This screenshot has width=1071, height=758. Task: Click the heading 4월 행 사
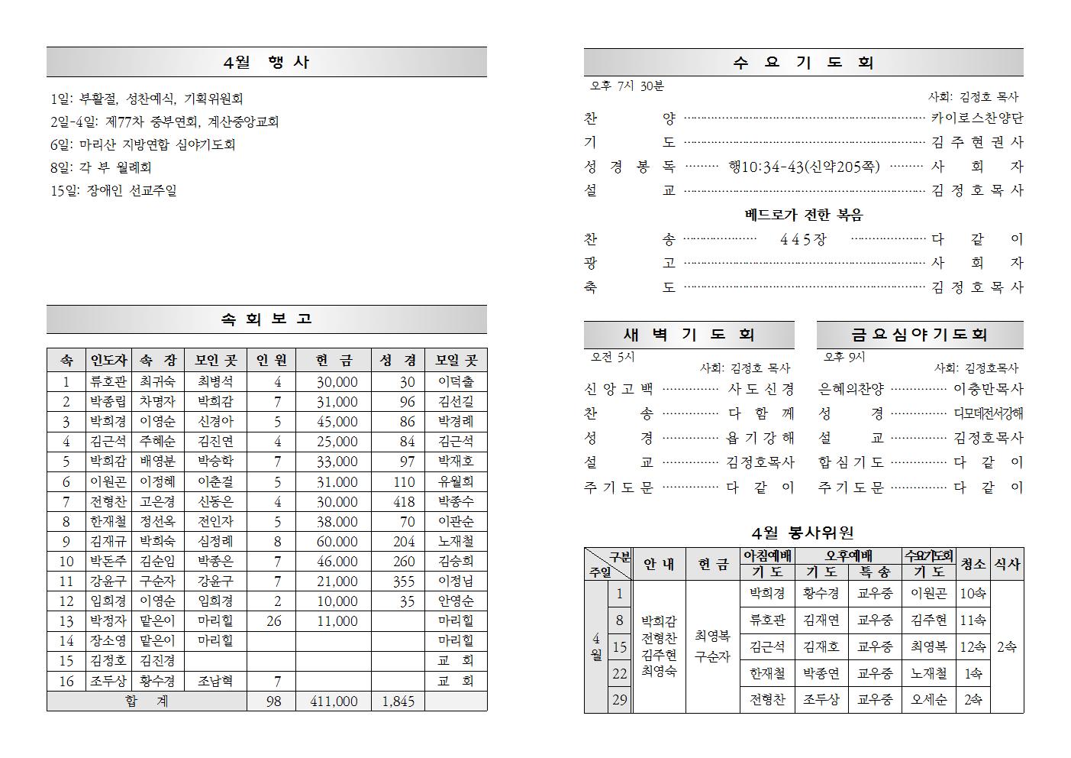tap(266, 63)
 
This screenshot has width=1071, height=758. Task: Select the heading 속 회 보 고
tap(266, 319)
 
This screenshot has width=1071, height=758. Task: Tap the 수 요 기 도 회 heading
tap(803, 63)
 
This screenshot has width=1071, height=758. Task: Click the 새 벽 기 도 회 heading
tap(689, 335)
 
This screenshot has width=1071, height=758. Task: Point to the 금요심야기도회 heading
tap(919, 335)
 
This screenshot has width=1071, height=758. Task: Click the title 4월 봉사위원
tap(802, 533)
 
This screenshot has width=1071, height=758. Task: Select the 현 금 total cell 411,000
tap(334, 701)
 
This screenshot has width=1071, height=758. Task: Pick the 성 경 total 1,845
tap(397, 701)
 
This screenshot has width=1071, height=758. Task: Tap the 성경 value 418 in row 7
tap(404, 502)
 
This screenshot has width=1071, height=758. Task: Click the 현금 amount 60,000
tap(337, 542)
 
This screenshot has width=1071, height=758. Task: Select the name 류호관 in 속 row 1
tap(108, 382)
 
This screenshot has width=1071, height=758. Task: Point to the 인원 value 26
tap(274, 621)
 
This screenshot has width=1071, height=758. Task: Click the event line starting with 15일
tap(114, 190)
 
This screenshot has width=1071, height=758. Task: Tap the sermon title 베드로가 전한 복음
tap(803, 215)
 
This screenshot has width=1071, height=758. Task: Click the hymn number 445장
tap(803, 239)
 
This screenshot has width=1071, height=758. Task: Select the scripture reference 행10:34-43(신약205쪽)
tap(803, 166)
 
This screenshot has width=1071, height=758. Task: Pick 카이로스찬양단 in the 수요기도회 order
tap(977, 118)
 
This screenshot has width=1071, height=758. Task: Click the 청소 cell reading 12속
tap(973, 647)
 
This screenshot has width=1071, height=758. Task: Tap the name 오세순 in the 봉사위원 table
tap(928, 699)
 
